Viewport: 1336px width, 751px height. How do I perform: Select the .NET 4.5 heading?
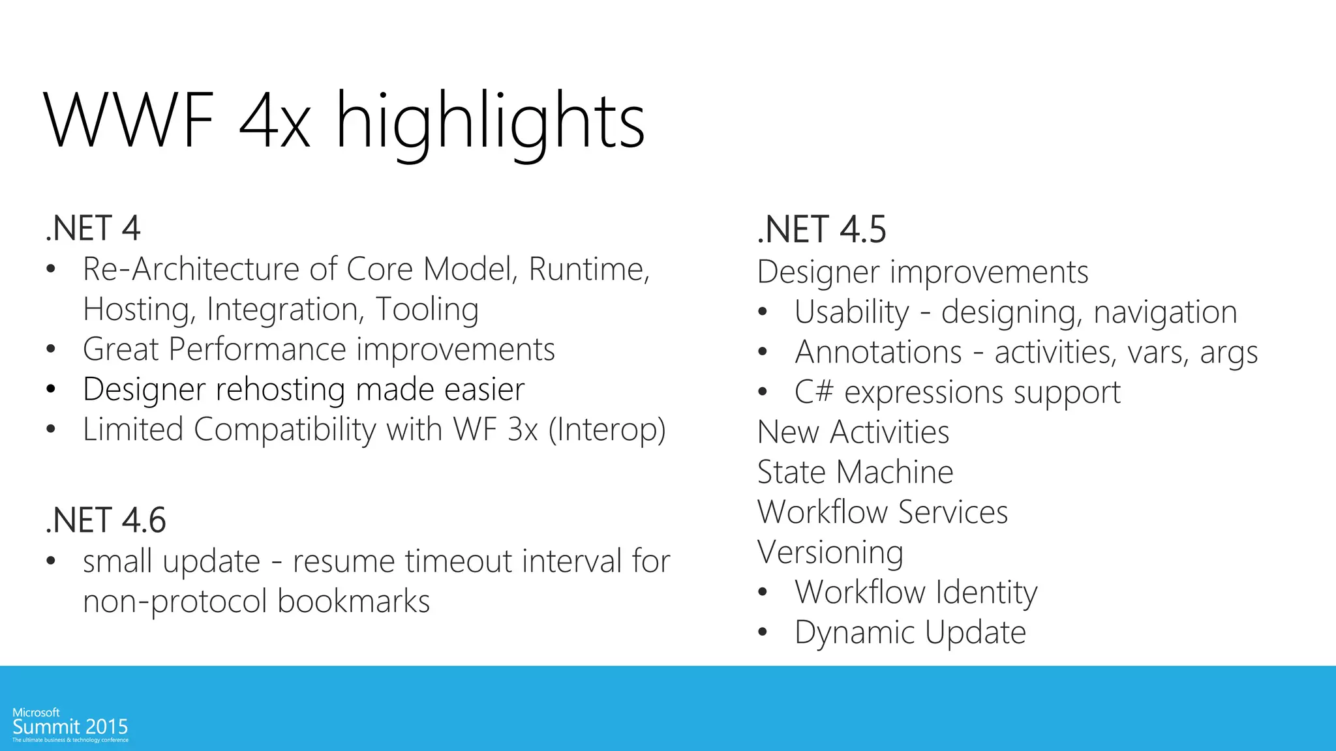click(x=821, y=229)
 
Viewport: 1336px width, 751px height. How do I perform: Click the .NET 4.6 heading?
click(x=106, y=520)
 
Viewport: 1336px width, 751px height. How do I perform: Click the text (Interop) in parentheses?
click(x=607, y=430)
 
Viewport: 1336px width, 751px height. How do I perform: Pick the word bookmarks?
click(x=353, y=601)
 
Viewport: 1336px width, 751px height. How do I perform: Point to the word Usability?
click(x=851, y=312)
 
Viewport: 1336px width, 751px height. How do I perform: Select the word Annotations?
click(x=878, y=353)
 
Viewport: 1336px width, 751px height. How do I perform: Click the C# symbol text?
click(x=813, y=392)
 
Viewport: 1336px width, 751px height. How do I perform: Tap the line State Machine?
click(x=855, y=472)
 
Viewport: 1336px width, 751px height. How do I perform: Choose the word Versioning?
click(x=830, y=552)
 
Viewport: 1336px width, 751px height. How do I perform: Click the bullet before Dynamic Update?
click(x=763, y=632)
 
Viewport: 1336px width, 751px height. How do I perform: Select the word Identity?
click(x=986, y=593)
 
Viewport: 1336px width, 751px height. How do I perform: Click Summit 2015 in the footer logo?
click(x=70, y=727)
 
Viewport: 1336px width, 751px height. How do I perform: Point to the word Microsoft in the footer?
click(x=36, y=713)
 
